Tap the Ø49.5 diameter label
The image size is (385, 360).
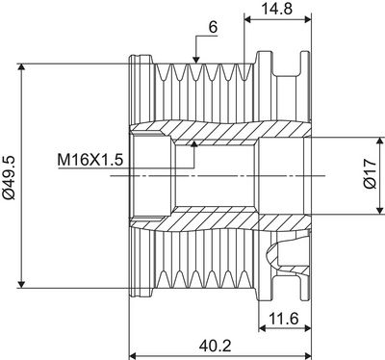pyautogui.click(x=11, y=175)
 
